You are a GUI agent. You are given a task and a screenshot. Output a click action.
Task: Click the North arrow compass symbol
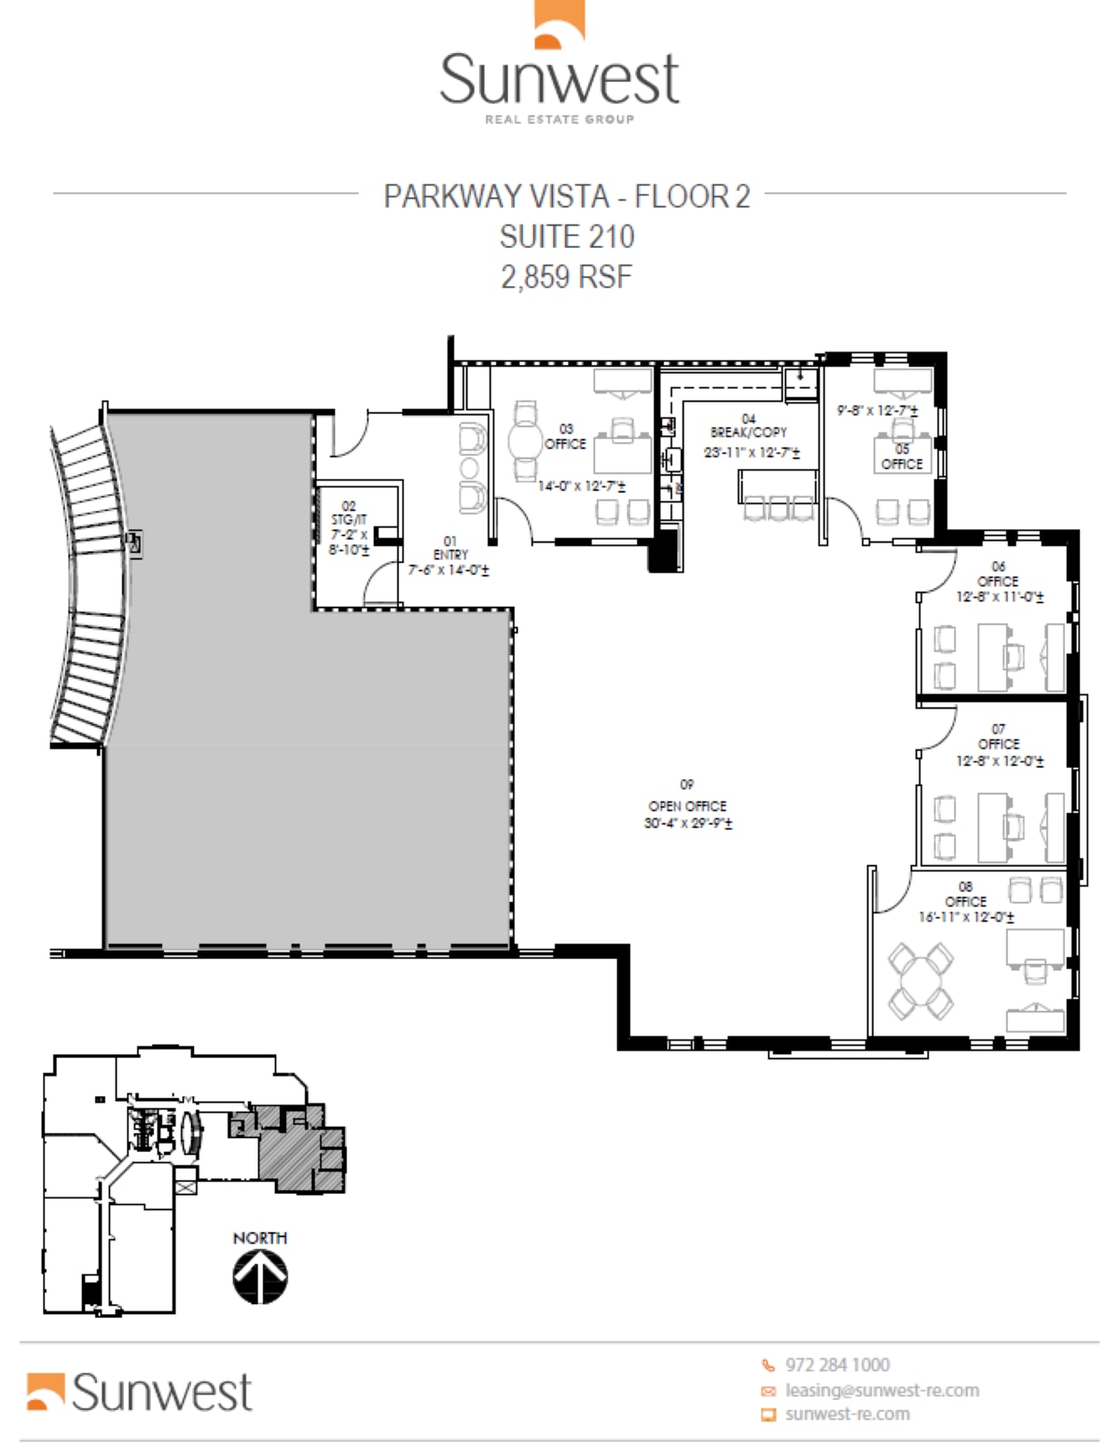[x=260, y=1275]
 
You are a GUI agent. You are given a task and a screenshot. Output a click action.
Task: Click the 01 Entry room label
[x=450, y=548]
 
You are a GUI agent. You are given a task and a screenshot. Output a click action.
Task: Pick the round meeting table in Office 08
[x=920, y=981]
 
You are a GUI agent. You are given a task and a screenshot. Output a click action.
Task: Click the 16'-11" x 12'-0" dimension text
[x=966, y=917]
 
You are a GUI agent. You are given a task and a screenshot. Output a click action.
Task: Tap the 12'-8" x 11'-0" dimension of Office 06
[x=999, y=597]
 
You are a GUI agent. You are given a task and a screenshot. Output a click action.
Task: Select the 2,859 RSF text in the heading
[x=566, y=277]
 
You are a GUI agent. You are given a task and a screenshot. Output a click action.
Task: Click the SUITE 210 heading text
[x=566, y=237]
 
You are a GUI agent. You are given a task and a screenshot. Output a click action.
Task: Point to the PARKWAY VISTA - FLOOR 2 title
[x=566, y=197]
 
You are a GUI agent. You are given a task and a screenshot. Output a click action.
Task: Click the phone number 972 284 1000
[x=836, y=1365]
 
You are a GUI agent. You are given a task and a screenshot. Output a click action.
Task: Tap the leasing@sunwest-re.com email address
[x=881, y=1390]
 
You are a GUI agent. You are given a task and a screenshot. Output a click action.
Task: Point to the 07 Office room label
[x=999, y=736]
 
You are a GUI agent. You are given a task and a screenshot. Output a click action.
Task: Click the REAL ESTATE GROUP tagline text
[x=559, y=119]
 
